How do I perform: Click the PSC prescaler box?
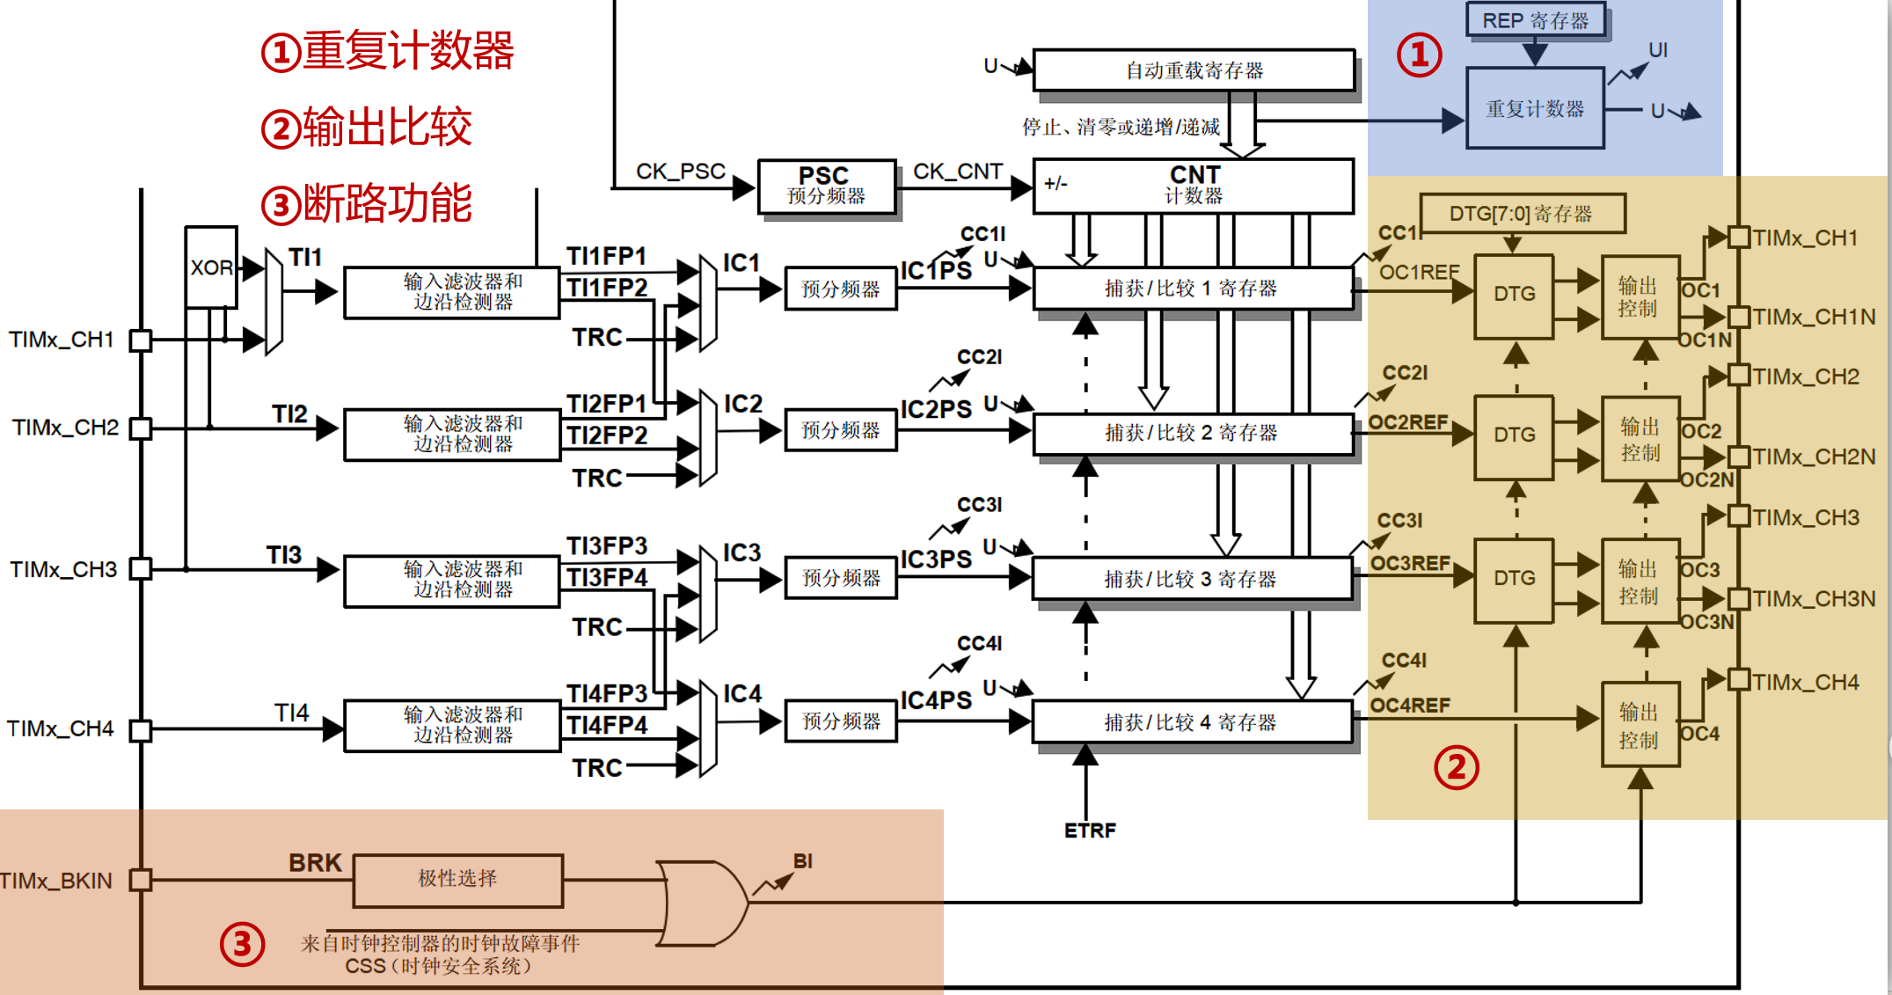coord(827,186)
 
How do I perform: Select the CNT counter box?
coord(1193,186)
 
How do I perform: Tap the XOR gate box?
coord(211,267)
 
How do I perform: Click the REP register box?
coord(1536,20)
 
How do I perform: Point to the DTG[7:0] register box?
coord(1522,214)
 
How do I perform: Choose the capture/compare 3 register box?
coord(1192,579)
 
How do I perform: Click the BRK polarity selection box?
coord(458,880)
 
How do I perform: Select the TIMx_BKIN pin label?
coord(56,881)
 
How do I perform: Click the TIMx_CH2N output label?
coord(1814,457)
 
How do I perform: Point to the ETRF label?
coord(1090,830)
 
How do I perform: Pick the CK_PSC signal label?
coord(681,171)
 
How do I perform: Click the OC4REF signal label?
coord(1410,706)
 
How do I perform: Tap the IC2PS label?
coord(936,410)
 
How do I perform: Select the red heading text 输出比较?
coord(388,127)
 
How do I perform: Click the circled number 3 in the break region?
coord(242,944)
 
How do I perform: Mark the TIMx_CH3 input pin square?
coord(141,569)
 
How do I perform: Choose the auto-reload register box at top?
coord(1194,70)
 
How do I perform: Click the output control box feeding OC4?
coord(1640,725)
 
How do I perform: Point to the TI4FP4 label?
coord(607,726)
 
